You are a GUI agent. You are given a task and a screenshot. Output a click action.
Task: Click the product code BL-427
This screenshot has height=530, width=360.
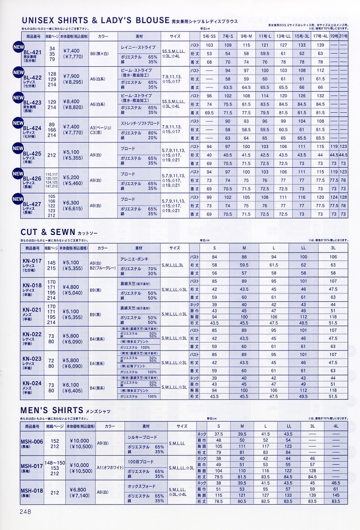32,204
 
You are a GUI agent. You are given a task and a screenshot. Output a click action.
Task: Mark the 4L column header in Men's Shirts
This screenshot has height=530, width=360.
335,425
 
